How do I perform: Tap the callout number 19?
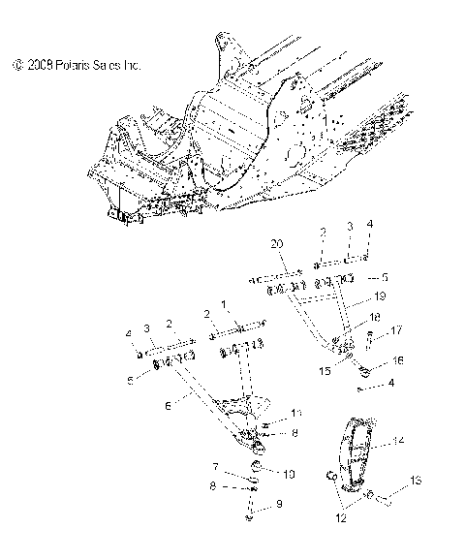(381, 296)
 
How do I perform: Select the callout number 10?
(288, 473)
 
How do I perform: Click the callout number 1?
(226, 304)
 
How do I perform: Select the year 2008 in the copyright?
(39, 66)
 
